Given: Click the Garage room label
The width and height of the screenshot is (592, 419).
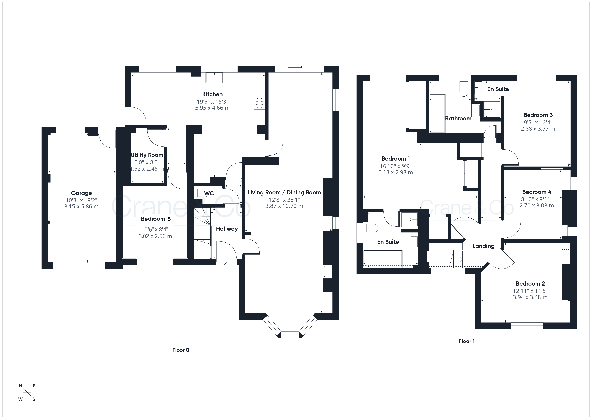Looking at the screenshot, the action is pos(82,193).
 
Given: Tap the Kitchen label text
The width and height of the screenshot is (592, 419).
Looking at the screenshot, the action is pos(212,94).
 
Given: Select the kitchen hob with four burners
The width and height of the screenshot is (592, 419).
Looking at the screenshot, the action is pos(259,103).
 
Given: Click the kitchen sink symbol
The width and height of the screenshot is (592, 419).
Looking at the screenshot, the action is pos(214,78).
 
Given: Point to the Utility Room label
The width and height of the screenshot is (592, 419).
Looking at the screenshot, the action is pos(147,155).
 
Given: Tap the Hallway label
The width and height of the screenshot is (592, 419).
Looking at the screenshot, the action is pos(227,229).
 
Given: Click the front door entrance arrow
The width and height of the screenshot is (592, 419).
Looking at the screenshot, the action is pos(227,264).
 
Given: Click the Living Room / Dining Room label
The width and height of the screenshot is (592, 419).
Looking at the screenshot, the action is pos(284,193).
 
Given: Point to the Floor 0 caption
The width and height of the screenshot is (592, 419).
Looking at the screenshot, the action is pos(181,350).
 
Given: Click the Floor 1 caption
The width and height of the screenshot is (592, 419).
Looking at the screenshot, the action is pos(467,341).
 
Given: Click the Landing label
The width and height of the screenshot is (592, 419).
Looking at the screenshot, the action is pos(483,246).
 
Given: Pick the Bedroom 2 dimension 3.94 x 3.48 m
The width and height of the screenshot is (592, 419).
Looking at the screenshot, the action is pos(530,297).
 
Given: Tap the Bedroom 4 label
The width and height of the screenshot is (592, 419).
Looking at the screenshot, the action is pos(537,192).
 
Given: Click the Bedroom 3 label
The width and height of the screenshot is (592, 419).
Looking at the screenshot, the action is pos(538,115).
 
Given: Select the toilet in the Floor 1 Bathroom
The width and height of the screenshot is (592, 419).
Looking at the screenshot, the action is pos(464,89).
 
